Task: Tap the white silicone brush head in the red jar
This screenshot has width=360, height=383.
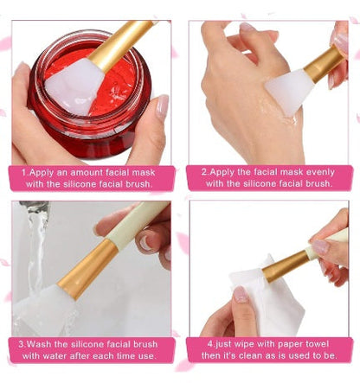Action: [x=74, y=85]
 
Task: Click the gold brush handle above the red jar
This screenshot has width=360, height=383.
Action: [x=122, y=43]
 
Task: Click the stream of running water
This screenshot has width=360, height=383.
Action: [x=37, y=253]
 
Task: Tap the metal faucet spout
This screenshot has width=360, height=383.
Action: [x=34, y=206]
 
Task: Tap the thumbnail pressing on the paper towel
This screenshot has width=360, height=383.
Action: [x=241, y=295]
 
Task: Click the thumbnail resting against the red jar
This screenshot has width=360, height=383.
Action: [x=163, y=105]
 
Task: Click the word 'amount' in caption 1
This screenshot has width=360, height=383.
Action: [x=87, y=173]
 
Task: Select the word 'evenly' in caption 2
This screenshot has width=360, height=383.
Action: [x=320, y=173]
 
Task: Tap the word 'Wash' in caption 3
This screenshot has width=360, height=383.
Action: [x=40, y=344]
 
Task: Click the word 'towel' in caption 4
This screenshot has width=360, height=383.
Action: [x=317, y=344]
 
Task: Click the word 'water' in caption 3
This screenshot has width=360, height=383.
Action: [x=55, y=356]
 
